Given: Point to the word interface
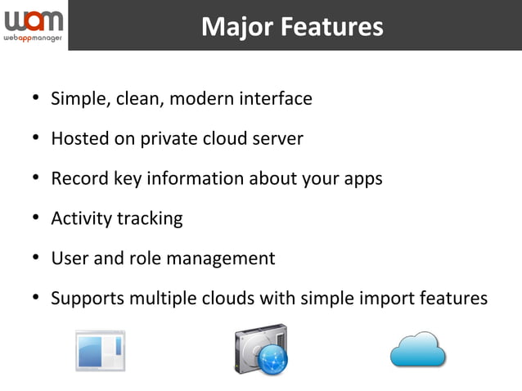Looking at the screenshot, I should click(x=275, y=99).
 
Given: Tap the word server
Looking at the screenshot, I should click(x=277, y=139).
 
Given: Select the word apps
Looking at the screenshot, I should click(x=362, y=179).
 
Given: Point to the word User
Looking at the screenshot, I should click(x=69, y=258).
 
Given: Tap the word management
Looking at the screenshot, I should click(x=220, y=259).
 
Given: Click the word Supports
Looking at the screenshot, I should click(x=86, y=299).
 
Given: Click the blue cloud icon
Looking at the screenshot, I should click(x=417, y=350).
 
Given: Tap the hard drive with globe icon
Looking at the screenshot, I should click(x=261, y=350).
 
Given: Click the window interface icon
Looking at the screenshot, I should click(x=101, y=351).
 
